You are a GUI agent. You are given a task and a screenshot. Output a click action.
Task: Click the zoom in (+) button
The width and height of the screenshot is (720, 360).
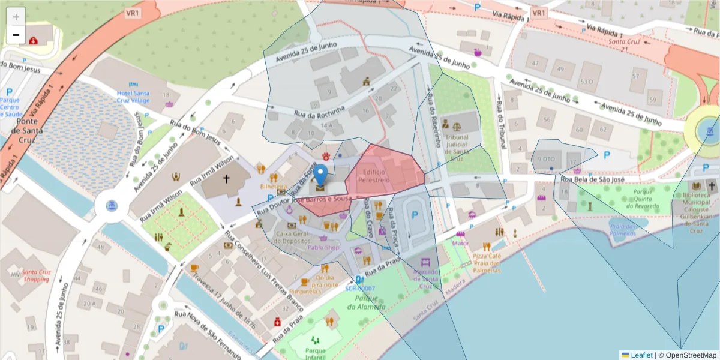tap(16, 17)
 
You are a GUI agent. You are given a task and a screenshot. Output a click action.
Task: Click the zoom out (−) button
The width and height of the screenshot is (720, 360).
tap(16, 35)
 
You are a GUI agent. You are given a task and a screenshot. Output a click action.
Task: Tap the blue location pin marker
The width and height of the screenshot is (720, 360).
tap(322, 175)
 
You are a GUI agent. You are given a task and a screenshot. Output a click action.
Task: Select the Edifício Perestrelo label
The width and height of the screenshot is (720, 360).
tap(374, 175)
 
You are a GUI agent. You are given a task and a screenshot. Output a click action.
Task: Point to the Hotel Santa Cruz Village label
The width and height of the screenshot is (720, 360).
tap(133, 97)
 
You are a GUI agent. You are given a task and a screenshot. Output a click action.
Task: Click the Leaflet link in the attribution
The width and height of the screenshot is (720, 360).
tap(641, 355)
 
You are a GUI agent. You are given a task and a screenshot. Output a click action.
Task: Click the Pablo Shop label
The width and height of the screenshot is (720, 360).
tap(323, 247)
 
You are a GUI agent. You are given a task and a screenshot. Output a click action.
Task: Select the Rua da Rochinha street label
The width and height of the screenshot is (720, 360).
tap(319, 112)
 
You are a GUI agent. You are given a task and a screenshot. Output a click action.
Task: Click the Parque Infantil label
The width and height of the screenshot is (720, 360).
tap(315, 354)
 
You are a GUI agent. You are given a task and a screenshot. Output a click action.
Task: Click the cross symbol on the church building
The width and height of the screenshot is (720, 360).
tap(227, 179)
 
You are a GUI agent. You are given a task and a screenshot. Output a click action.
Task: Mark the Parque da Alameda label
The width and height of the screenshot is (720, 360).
tap(366, 302)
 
